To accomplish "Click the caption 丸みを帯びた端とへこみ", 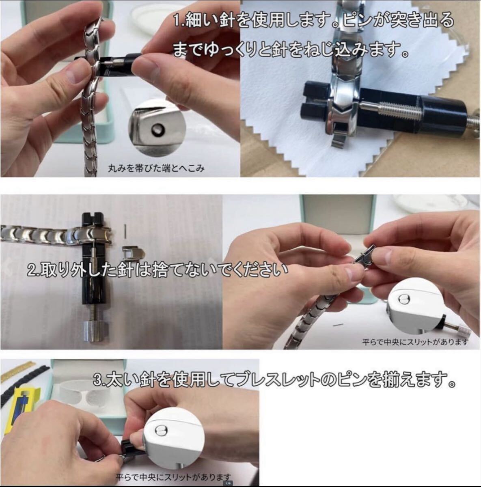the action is [x=156, y=168].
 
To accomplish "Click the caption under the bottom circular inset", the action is [x=173, y=477].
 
